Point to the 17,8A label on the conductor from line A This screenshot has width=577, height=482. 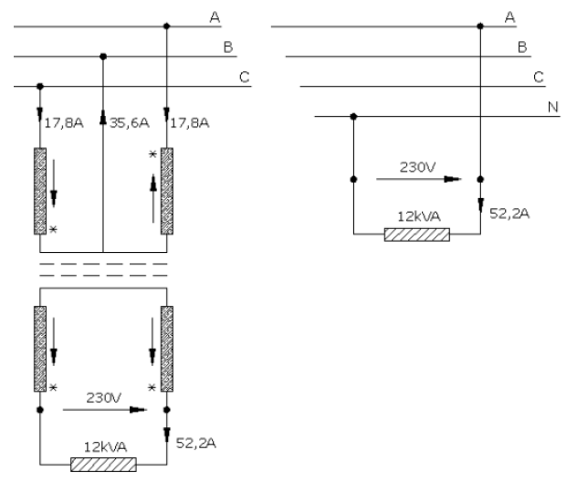point(189,119)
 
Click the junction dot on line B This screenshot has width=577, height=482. point(102,57)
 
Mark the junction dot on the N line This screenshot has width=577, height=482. point(353,116)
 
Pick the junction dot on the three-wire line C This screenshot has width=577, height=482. point(39,87)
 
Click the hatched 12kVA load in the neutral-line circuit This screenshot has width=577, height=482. point(417,235)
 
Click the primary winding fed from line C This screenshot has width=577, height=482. point(39,189)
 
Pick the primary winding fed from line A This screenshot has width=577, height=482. point(166,189)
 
